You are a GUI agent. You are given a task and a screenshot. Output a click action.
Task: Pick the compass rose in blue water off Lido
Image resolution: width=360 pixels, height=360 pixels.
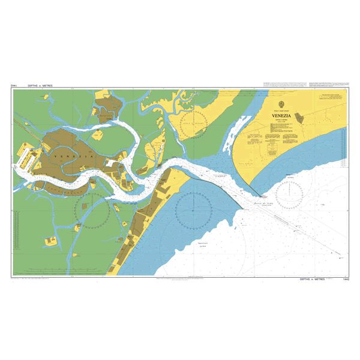tap(193, 209)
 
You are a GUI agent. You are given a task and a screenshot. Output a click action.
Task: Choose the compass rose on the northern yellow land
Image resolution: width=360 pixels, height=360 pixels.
tap(192, 122)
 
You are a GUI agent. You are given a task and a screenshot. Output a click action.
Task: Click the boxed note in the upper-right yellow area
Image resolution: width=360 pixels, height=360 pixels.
tap(331, 100)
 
